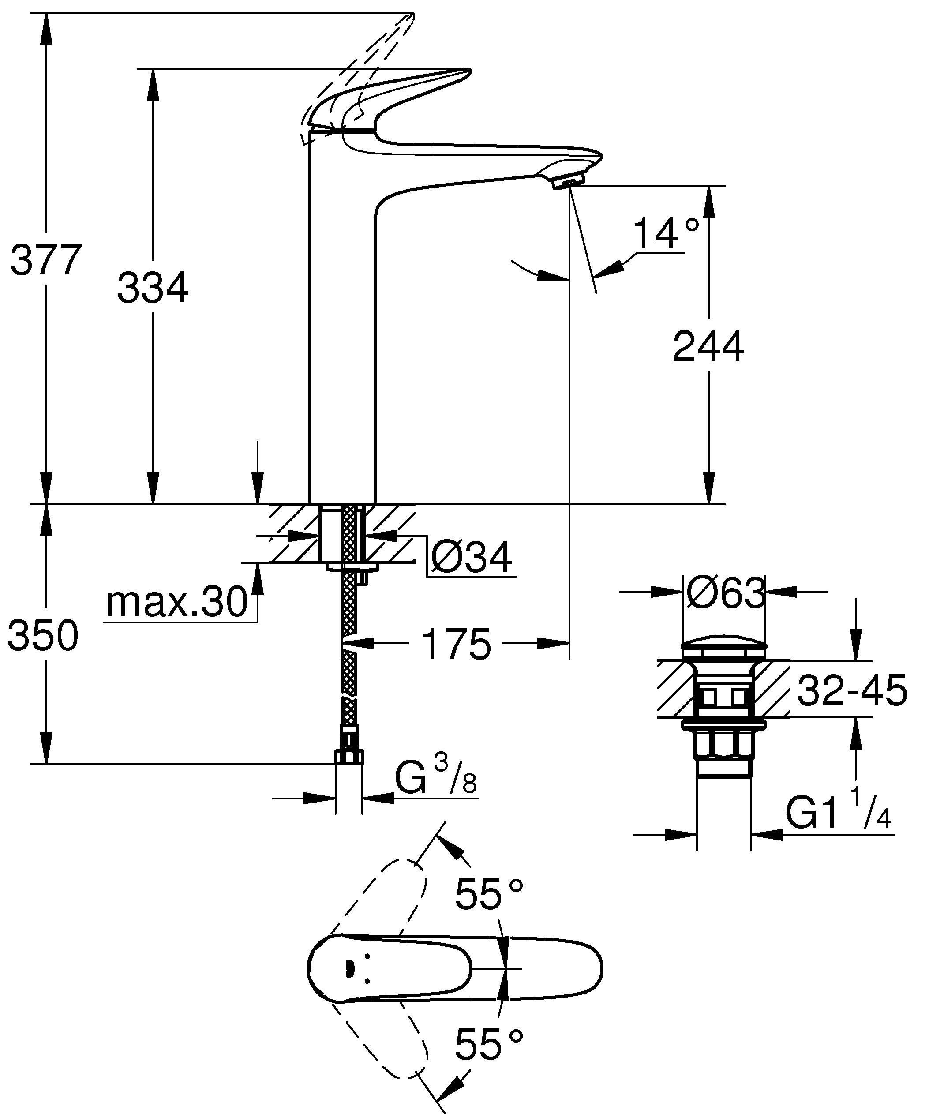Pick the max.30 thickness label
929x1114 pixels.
pyautogui.click(x=176, y=602)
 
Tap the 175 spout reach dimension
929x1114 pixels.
pyautogui.click(x=457, y=645)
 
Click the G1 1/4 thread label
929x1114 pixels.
pyautogui.click(x=837, y=813)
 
